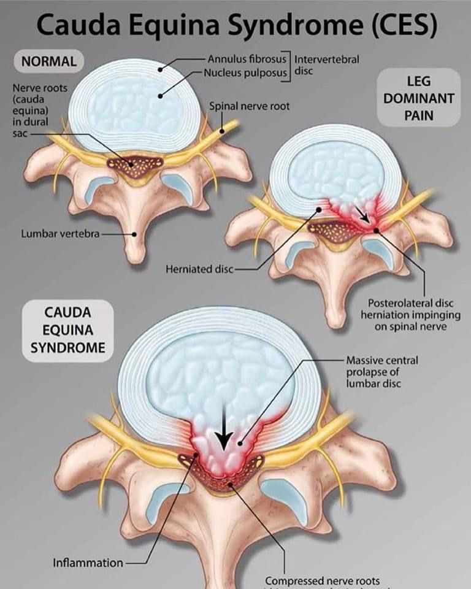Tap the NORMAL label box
pyautogui.click(x=48, y=61)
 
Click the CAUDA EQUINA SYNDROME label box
pyautogui.click(x=67, y=330)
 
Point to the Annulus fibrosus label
pyautogui.click(x=247, y=60)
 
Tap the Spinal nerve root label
pyautogui.click(x=249, y=106)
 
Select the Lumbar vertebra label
pyautogui.click(x=60, y=233)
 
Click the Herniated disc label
pyautogui.click(x=199, y=269)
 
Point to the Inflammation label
pyautogui.click(x=88, y=562)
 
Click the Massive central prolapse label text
pyautogui.click(x=381, y=372)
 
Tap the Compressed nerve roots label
pyautogui.click(x=322, y=580)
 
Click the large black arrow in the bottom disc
pyautogui.click(x=223, y=433)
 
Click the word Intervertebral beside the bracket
pyautogui.click(x=326, y=60)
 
